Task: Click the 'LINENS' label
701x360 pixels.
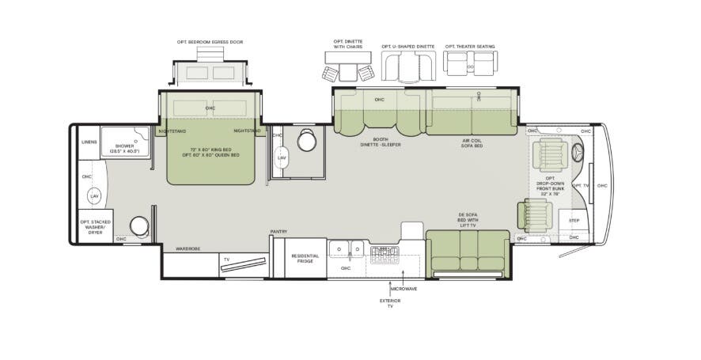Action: (x=89, y=142)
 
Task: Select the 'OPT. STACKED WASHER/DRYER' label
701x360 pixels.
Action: (x=95, y=226)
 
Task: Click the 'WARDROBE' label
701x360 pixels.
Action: (x=188, y=248)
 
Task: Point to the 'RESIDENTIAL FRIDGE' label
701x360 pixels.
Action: (x=305, y=258)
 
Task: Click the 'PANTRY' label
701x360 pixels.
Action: (x=279, y=232)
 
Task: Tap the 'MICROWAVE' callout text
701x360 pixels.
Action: (x=404, y=289)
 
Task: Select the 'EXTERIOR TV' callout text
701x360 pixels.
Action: (x=390, y=303)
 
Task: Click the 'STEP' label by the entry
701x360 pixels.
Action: (x=574, y=221)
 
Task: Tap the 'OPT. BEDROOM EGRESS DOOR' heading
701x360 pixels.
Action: (x=210, y=42)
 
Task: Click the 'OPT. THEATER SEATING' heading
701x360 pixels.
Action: (x=470, y=47)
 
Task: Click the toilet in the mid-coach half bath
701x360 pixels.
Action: (x=307, y=140)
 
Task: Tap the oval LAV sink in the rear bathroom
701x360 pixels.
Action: (x=94, y=195)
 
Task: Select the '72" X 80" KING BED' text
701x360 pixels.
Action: (x=210, y=149)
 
